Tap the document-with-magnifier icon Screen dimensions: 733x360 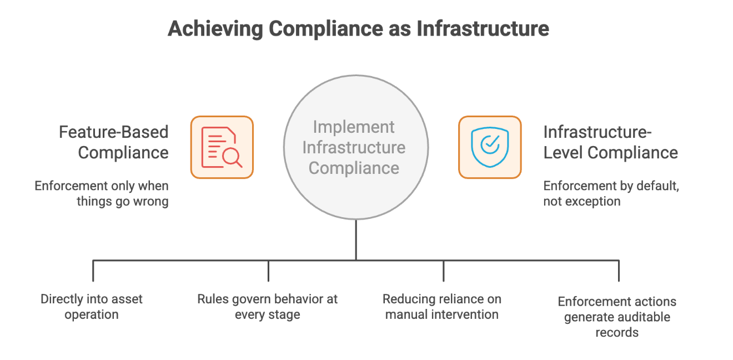222,147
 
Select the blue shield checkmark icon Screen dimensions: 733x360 489,147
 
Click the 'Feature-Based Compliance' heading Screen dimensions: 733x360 114,142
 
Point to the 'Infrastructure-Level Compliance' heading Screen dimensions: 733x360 610,142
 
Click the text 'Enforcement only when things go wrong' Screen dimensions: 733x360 102,193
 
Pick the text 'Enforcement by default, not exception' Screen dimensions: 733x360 611,193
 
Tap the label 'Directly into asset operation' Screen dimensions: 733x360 92,307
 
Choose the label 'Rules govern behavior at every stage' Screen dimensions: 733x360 268,307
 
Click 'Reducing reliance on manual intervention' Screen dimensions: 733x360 442,307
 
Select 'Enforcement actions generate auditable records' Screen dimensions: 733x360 617,317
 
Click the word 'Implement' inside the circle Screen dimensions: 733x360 354,127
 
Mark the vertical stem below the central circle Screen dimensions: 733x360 356,239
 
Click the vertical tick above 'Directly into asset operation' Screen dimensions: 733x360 93,271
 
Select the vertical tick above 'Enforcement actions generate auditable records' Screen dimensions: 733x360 618,271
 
